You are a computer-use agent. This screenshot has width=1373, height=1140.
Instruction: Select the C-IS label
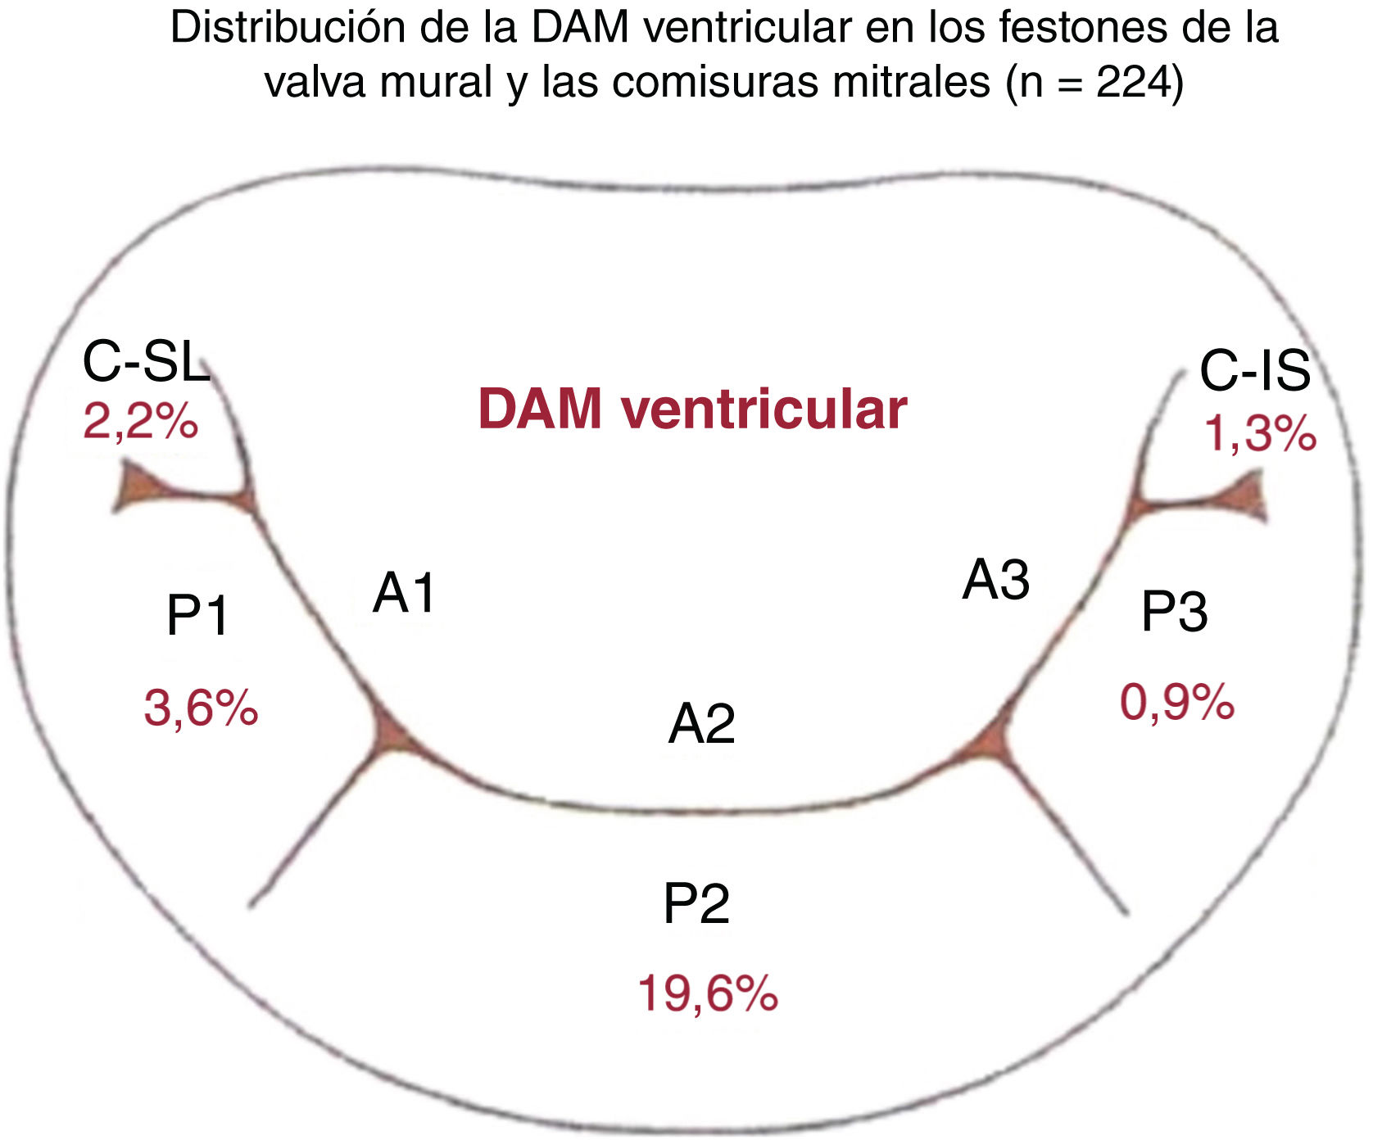pyautogui.click(x=1254, y=370)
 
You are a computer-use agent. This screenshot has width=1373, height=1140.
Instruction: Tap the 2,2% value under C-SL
pyautogui.click(x=140, y=423)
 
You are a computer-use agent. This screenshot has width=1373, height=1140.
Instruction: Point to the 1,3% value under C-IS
pyautogui.click(x=1259, y=433)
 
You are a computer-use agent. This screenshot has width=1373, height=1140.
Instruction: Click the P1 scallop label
pyautogui.click(x=197, y=615)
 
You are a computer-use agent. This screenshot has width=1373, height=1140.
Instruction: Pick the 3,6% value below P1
pyautogui.click(x=201, y=708)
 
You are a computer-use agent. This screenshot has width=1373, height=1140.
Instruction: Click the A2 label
pyautogui.click(x=701, y=724)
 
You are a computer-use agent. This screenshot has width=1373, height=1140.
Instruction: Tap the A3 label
pyautogui.click(x=995, y=580)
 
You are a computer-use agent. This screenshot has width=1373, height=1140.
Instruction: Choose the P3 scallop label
pyautogui.click(x=1174, y=612)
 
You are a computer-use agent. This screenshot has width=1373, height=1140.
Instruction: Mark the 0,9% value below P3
pyautogui.click(x=1176, y=703)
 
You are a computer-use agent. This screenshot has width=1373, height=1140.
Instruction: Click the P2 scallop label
pyautogui.click(x=696, y=904)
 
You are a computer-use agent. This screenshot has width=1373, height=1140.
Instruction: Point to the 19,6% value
pyautogui.click(x=707, y=993)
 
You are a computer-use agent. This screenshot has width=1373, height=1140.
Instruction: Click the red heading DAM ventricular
pyautogui.click(x=692, y=409)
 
